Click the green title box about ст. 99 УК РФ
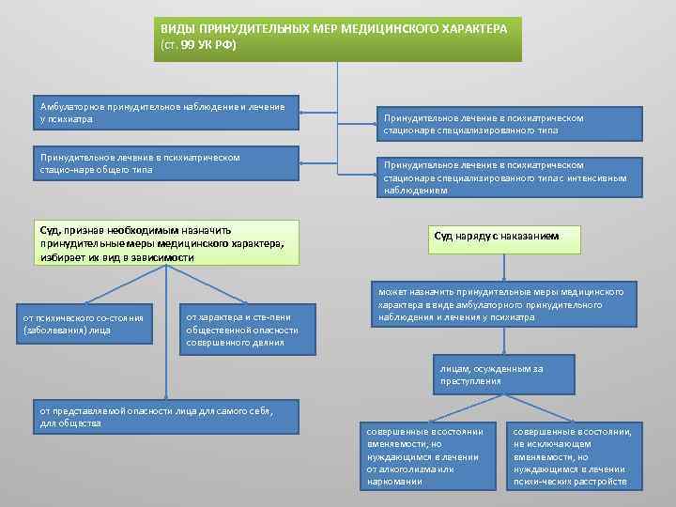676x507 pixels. (x=337, y=38)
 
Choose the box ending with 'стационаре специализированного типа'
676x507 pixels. (x=509, y=124)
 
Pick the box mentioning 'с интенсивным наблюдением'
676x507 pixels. (x=509, y=177)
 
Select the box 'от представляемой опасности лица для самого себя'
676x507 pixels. (x=166, y=417)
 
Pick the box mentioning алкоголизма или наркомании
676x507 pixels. (x=427, y=455)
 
